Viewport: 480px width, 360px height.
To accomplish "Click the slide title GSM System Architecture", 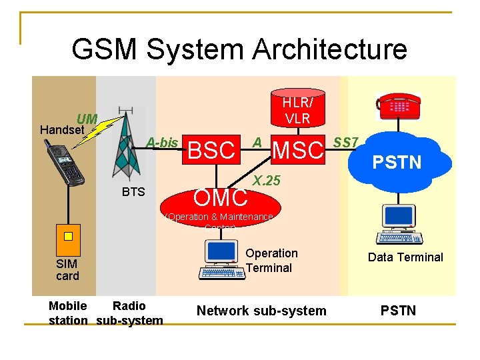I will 239,49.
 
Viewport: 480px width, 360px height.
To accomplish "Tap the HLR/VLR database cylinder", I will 297,109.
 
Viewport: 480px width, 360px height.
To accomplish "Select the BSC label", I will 212,151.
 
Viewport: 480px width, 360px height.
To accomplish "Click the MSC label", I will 297,151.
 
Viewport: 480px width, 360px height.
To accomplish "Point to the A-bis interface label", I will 162,142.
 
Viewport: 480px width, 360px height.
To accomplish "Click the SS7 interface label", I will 346,142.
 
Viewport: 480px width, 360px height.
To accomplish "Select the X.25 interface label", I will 267,181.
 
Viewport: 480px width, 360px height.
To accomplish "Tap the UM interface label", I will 87,119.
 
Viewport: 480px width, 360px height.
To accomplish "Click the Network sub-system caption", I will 261,310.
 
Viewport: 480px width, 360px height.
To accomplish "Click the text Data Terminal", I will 405,257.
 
